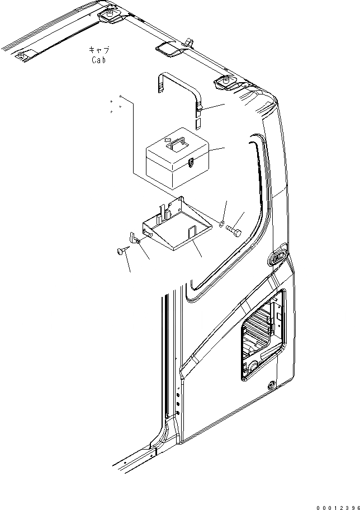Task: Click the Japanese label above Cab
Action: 98,50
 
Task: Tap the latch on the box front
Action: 191,163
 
